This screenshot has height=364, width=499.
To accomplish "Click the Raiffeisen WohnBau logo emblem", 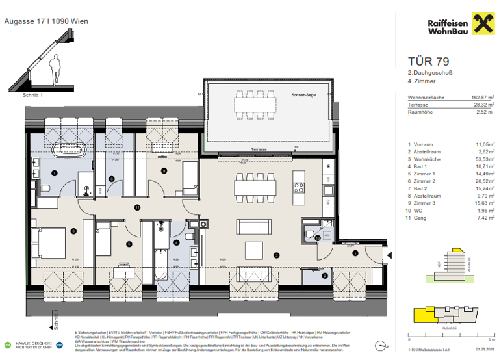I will tap(480, 27).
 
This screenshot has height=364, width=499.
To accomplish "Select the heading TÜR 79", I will tap(416, 63).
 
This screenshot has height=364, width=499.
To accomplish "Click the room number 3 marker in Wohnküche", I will tap(275, 255).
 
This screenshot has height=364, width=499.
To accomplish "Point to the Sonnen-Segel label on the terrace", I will tap(304, 95).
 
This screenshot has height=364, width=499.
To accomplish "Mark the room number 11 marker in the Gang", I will tap(137, 207).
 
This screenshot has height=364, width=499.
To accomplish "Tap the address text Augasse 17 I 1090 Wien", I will tap(46, 21).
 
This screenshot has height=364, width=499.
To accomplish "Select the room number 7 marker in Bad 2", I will tap(55, 172).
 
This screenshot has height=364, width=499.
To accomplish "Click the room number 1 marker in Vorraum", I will tap(355, 252).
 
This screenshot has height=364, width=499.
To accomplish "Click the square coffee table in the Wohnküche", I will tap(253, 248).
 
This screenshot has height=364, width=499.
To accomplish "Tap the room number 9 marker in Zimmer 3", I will tap(164, 170).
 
